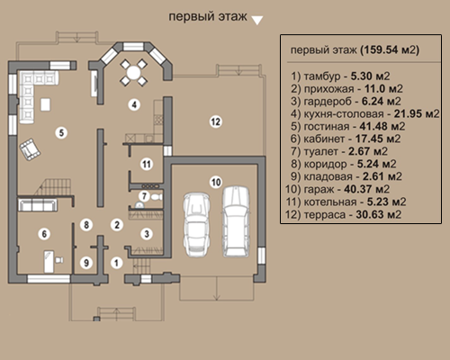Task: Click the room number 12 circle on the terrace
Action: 215,121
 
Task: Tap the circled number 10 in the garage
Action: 216,182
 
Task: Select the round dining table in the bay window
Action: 133,72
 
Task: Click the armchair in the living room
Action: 30,149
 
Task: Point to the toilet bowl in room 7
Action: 157,197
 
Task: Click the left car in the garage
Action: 197,224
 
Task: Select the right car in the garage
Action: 236,221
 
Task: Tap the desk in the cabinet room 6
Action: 49,261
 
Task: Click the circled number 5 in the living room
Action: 61,132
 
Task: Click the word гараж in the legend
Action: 319,190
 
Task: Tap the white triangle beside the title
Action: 257,20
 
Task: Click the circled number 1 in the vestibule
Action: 116,263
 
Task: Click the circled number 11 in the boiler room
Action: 147,164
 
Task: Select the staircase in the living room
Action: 55,187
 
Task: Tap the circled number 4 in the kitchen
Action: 134,104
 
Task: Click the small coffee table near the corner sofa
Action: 45,104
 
